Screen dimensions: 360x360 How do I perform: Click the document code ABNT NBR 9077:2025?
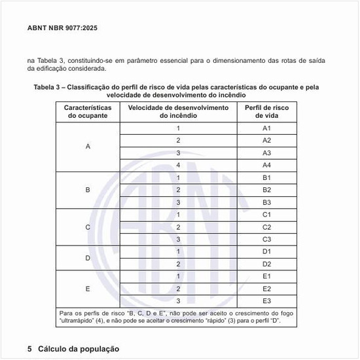coord(63,28)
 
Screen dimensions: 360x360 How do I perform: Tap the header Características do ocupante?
coord(88,111)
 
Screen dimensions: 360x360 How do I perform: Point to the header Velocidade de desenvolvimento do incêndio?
coord(178,111)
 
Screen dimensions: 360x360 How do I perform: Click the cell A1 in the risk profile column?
coord(266,128)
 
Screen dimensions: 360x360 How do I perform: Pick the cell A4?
coord(266,165)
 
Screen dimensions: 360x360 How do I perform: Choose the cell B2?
coord(266,190)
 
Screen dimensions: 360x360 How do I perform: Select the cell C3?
coord(266,239)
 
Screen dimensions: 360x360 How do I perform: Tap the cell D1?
coord(266,251)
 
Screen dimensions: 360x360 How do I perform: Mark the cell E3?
coord(266,300)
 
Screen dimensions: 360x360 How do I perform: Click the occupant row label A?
coord(88,147)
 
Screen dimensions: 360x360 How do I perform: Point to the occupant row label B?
coord(88,190)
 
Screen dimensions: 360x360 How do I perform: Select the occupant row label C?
coord(88,227)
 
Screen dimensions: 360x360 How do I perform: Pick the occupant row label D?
coord(88,258)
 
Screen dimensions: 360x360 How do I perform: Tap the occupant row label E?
coord(88,289)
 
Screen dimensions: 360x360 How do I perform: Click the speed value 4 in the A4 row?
coord(178,165)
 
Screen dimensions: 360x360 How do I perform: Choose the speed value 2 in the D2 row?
coord(178,264)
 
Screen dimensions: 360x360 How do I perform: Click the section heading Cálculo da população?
coord(79,349)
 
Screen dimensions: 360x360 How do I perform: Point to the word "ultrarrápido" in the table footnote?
coord(78,323)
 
